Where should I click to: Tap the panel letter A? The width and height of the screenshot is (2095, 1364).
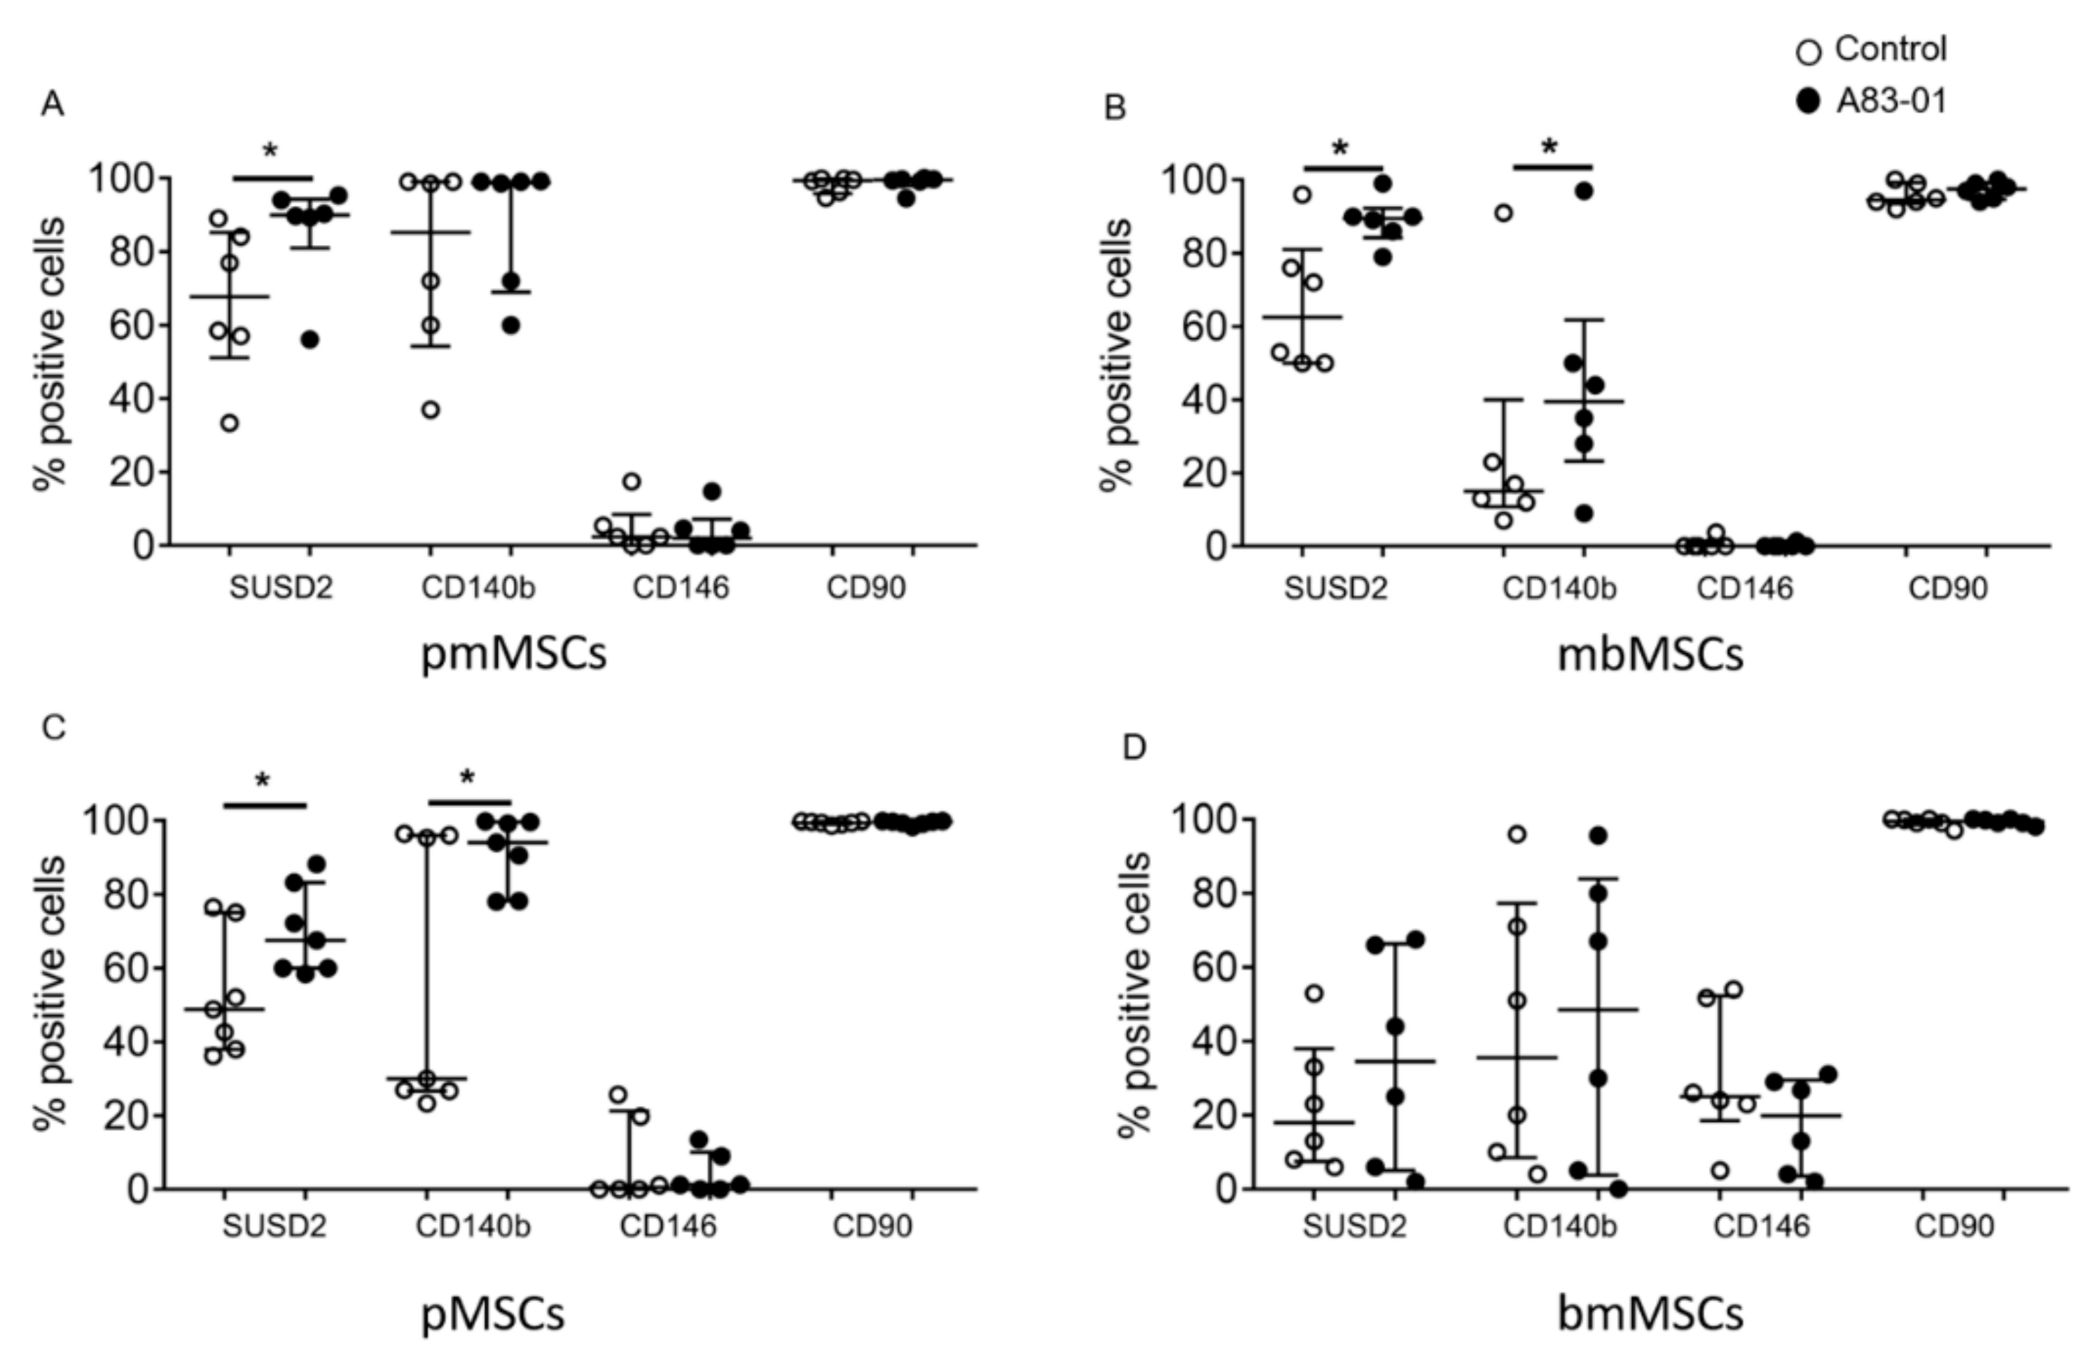click(52, 105)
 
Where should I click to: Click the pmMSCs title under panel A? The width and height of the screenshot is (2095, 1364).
click(514, 655)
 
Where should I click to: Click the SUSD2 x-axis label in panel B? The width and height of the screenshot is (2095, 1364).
click(1335, 589)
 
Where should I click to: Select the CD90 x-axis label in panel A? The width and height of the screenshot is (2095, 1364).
click(865, 588)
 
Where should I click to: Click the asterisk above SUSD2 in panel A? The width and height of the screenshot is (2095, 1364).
click(270, 151)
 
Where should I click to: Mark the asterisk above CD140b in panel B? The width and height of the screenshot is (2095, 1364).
click(1550, 146)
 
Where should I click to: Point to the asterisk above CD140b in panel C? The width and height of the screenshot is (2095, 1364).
click(468, 778)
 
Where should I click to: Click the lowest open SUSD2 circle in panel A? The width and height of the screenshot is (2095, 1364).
click(230, 424)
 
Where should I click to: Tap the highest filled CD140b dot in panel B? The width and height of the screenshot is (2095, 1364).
click(1585, 191)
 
